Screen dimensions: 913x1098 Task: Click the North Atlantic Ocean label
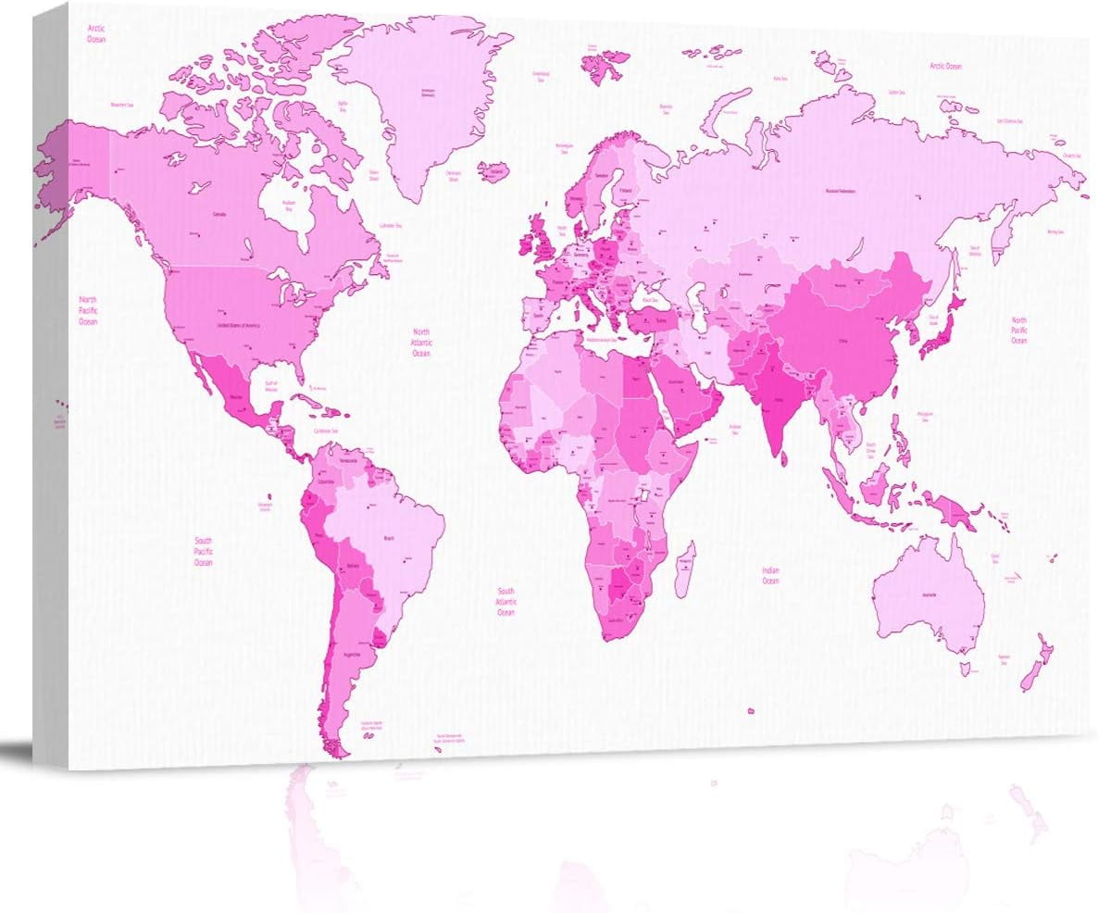click(x=421, y=342)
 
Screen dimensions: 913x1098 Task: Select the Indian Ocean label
click(x=770, y=576)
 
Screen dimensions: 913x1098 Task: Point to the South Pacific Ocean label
click(x=203, y=551)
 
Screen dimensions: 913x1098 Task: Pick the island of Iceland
click(x=496, y=172)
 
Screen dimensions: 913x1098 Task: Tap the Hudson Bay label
click(x=288, y=206)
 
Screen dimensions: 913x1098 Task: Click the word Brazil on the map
click(x=389, y=537)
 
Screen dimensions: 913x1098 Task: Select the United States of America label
click(x=239, y=326)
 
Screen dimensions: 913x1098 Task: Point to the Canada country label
click(x=219, y=214)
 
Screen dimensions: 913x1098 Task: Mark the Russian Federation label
click(x=841, y=191)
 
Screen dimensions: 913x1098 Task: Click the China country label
click(x=842, y=340)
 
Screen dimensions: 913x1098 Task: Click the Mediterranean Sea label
click(x=605, y=339)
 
